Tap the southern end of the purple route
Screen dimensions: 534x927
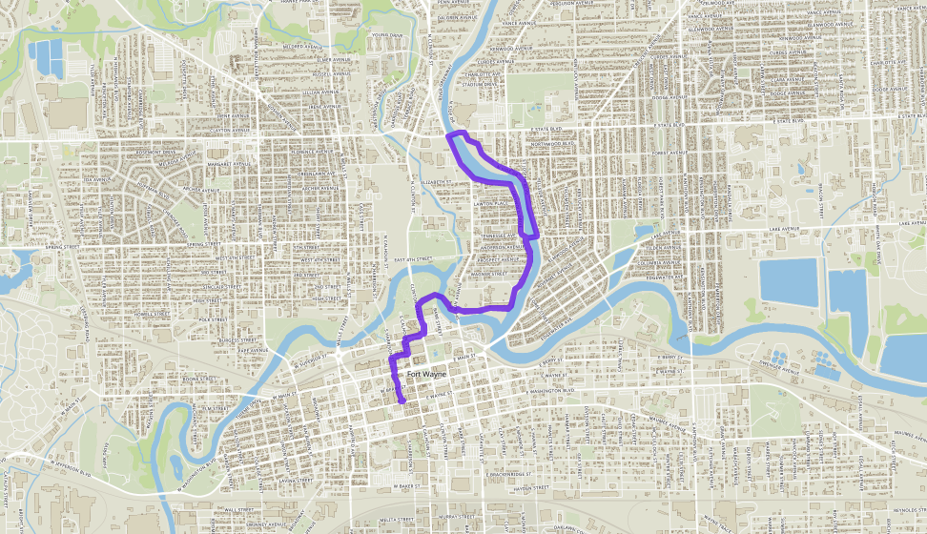[404, 401]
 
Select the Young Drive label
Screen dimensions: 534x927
[386, 35]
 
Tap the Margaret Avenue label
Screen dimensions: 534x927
[207, 162]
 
